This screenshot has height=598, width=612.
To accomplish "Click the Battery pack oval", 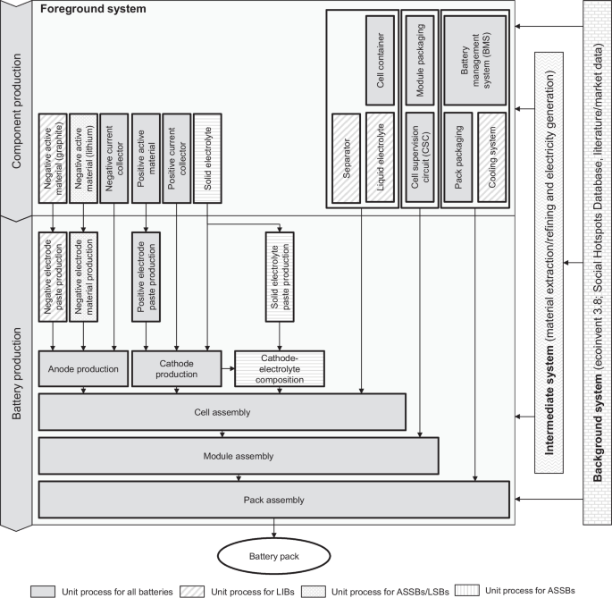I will (x=273, y=558).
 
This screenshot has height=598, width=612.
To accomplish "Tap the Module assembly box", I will (x=238, y=455).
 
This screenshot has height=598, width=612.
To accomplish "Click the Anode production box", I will (x=82, y=368).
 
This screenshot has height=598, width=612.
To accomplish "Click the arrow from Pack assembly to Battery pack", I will (x=273, y=528).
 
